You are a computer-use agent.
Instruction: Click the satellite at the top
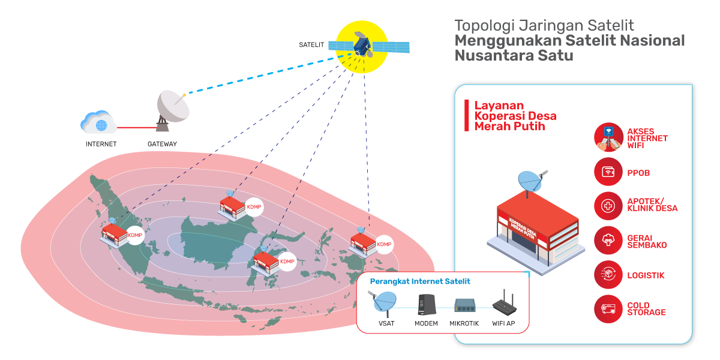coord(361,46)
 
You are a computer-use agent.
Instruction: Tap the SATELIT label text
coord(311,45)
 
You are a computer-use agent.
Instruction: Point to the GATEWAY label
coord(162,144)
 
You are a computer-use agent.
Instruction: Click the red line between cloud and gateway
coord(136,127)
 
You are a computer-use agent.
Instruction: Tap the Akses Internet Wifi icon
coord(608,137)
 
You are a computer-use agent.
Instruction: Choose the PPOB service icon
coord(608,172)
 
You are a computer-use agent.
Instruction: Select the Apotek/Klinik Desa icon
coord(608,206)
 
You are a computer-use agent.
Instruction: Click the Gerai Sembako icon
coord(608,241)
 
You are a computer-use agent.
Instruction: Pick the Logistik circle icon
coord(608,275)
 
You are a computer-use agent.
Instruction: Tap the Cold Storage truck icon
coord(608,309)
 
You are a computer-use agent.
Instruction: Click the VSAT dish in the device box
coord(385,302)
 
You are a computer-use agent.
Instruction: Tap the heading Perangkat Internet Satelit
coord(420,281)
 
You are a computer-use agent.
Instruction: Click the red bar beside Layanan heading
coord(466,115)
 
